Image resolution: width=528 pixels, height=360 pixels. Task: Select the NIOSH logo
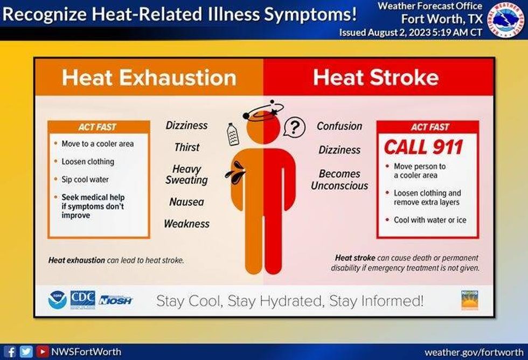click(115, 300)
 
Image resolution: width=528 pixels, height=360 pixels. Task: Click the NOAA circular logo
click(57, 300)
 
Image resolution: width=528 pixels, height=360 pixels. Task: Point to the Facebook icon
click(10, 351)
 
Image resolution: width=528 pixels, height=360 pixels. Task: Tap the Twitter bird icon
click(26, 351)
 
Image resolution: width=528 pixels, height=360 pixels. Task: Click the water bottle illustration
click(232, 134)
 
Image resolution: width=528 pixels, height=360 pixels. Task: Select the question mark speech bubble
click(294, 127)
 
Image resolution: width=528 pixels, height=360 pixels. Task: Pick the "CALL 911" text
click(423, 147)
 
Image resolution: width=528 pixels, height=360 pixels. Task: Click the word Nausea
click(186, 202)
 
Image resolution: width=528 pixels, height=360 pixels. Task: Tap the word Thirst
click(186, 147)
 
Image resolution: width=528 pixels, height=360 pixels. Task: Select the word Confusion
click(339, 126)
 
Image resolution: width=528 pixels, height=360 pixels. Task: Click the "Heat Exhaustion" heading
click(149, 78)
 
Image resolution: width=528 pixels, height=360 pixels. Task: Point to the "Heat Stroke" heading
click(376, 78)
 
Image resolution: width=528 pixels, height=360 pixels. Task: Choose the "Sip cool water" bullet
click(85, 179)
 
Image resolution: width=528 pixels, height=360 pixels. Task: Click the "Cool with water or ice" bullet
click(429, 220)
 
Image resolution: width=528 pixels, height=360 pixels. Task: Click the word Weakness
click(186, 224)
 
